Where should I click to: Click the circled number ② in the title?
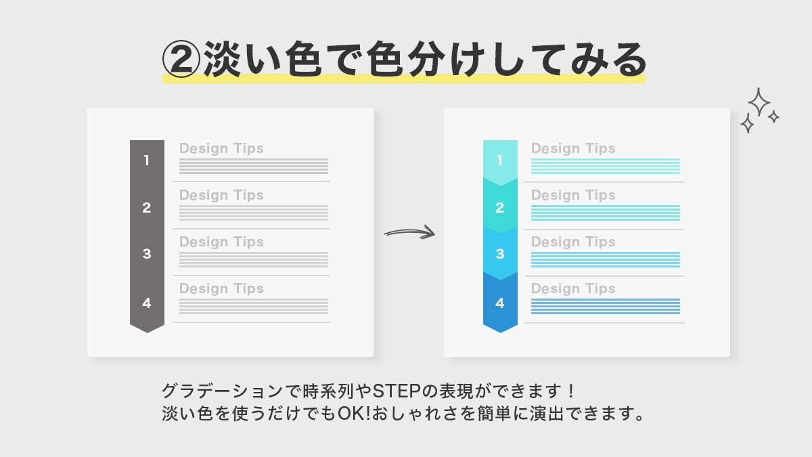(x=181, y=60)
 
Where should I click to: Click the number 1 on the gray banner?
(x=147, y=160)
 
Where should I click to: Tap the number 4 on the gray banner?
(x=147, y=303)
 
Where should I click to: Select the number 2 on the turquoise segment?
(x=500, y=208)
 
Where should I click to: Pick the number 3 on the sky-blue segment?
(x=500, y=255)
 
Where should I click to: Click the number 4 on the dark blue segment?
(x=500, y=303)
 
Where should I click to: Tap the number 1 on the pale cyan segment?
(x=500, y=160)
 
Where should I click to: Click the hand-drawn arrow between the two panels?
(x=409, y=232)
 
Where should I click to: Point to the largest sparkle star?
(x=759, y=102)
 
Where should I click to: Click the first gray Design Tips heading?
(x=221, y=148)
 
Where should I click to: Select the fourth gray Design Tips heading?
(x=221, y=288)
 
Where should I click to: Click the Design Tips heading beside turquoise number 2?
(x=573, y=195)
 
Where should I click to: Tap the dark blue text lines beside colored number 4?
(x=605, y=306)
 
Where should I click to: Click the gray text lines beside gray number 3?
(x=254, y=259)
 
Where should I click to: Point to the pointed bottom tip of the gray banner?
(x=147, y=331)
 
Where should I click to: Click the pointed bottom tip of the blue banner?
(x=500, y=331)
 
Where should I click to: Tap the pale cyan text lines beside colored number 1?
(x=605, y=166)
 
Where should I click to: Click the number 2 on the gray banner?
(x=147, y=208)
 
